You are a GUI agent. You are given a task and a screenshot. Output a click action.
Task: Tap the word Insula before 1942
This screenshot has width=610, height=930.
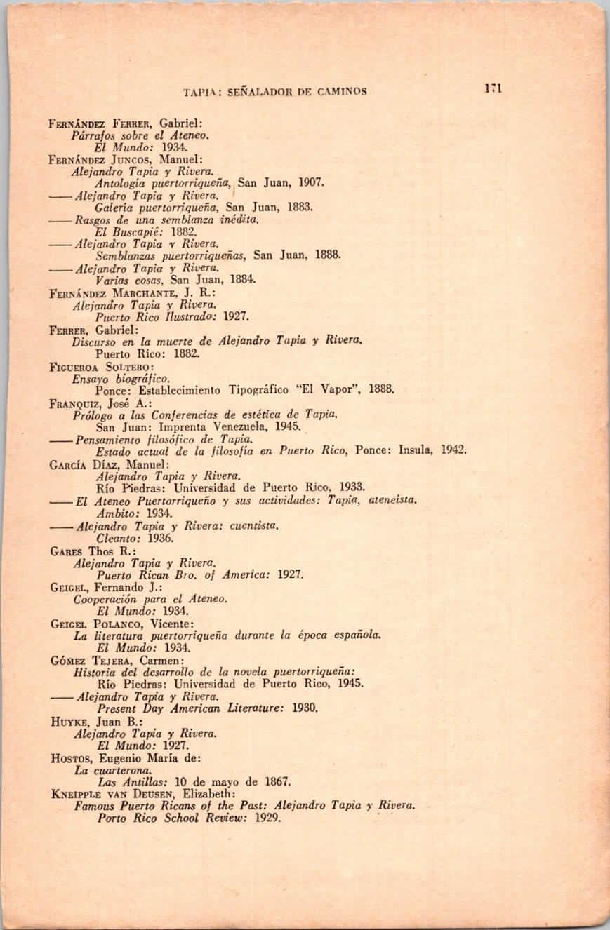(x=419, y=450)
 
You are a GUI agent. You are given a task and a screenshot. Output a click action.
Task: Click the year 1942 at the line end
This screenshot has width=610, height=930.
(x=453, y=450)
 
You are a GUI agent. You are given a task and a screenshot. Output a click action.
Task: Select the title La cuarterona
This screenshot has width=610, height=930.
(x=103, y=769)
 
